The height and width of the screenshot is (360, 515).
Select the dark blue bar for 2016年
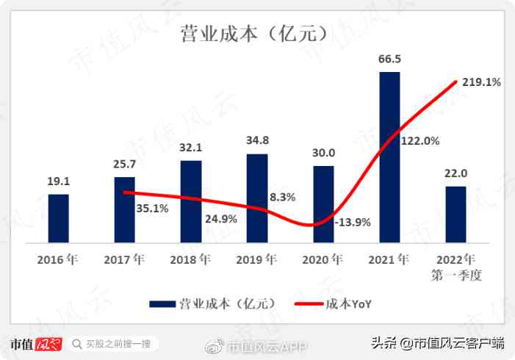point(59,218)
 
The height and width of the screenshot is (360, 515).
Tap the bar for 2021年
point(389,157)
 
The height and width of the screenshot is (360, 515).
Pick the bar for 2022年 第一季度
point(455,214)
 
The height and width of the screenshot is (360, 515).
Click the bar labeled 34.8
point(257,198)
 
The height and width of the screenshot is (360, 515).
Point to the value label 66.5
point(390,59)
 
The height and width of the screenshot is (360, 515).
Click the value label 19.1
point(59,181)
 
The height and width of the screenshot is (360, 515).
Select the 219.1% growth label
point(482,83)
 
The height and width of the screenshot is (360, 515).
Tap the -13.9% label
point(352,222)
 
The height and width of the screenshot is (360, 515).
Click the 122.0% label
point(420,140)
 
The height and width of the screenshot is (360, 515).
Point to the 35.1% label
point(153,208)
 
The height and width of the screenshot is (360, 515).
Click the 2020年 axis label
point(323,259)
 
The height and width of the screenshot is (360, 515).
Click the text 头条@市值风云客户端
point(436,343)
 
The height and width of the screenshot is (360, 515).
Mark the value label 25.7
point(125,164)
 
